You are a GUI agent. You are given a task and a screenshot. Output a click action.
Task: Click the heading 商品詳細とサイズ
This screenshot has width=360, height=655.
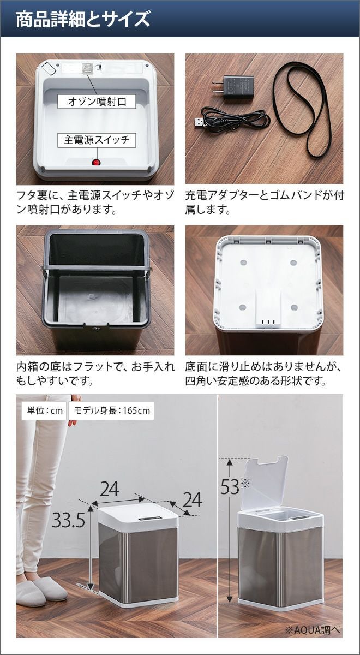coord(83,19)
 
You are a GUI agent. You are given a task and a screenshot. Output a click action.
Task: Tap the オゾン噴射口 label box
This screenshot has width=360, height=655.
coord(97,102)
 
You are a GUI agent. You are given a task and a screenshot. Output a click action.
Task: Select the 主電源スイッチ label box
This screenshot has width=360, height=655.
coord(97,140)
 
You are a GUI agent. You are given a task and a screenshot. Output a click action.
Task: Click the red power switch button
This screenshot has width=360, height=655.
coord(96,163)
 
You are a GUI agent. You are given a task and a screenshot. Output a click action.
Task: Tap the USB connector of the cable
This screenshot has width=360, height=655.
coord(201,122)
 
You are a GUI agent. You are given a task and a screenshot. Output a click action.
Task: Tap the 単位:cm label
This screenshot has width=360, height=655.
coord(44,410)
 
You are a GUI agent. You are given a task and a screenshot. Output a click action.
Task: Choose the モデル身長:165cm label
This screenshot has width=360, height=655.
coord(111,410)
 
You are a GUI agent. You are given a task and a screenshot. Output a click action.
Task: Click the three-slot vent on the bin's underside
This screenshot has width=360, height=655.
coord(268,322)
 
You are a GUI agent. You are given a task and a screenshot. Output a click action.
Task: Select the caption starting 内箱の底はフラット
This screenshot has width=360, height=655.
coord(95,373)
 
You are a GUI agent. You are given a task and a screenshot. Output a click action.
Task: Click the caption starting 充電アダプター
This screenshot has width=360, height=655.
coord(264,202)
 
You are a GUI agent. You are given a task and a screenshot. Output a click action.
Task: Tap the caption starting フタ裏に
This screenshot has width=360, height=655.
coord(95,202)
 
